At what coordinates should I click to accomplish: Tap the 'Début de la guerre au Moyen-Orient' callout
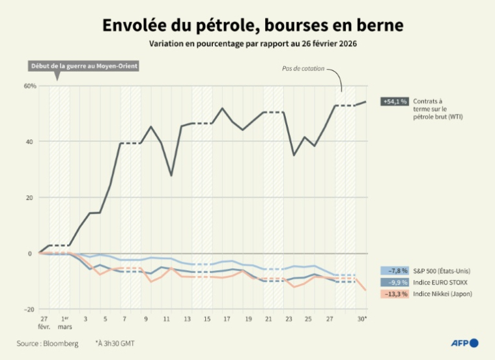click(84, 66)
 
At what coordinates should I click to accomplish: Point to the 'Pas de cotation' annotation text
click(303, 68)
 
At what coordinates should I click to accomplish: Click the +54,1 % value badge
click(395, 102)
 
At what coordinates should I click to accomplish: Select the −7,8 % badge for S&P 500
click(395, 270)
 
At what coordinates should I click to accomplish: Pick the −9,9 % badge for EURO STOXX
click(395, 282)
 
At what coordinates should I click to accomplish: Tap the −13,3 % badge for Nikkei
click(395, 294)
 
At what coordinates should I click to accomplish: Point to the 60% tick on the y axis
click(29, 86)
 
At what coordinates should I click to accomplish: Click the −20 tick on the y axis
click(29, 309)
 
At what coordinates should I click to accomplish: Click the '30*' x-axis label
click(363, 319)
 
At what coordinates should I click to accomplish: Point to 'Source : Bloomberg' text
click(48, 343)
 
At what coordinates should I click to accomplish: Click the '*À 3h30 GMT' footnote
click(115, 343)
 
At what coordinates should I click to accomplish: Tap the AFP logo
click(465, 342)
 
